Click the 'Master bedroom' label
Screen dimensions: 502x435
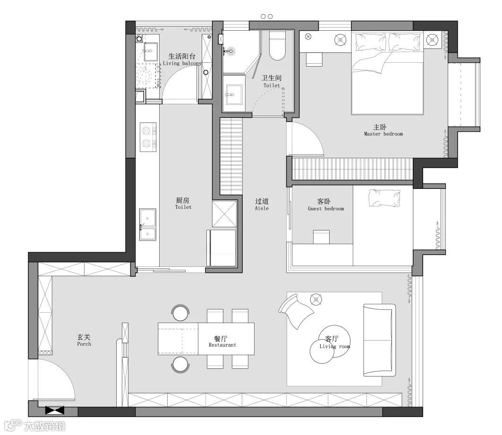(383, 134)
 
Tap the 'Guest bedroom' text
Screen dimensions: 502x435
(325, 209)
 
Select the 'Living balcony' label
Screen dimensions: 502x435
(182, 63)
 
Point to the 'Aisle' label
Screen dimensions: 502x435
(262, 208)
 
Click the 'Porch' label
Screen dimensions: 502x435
(84, 344)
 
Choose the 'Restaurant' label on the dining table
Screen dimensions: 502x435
(222, 345)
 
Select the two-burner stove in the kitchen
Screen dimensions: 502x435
(148, 136)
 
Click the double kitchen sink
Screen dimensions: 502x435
(148, 224)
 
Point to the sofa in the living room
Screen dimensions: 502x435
(379, 340)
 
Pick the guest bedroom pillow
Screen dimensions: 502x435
(384, 198)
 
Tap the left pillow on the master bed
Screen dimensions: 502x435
(371, 42)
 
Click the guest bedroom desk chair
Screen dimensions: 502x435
(322, 237)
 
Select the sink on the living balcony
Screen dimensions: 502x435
(151, 51)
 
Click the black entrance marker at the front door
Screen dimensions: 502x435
(54, 410)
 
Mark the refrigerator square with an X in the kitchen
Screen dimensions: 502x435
(224, 213)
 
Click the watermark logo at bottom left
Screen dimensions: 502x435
(36, 426)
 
